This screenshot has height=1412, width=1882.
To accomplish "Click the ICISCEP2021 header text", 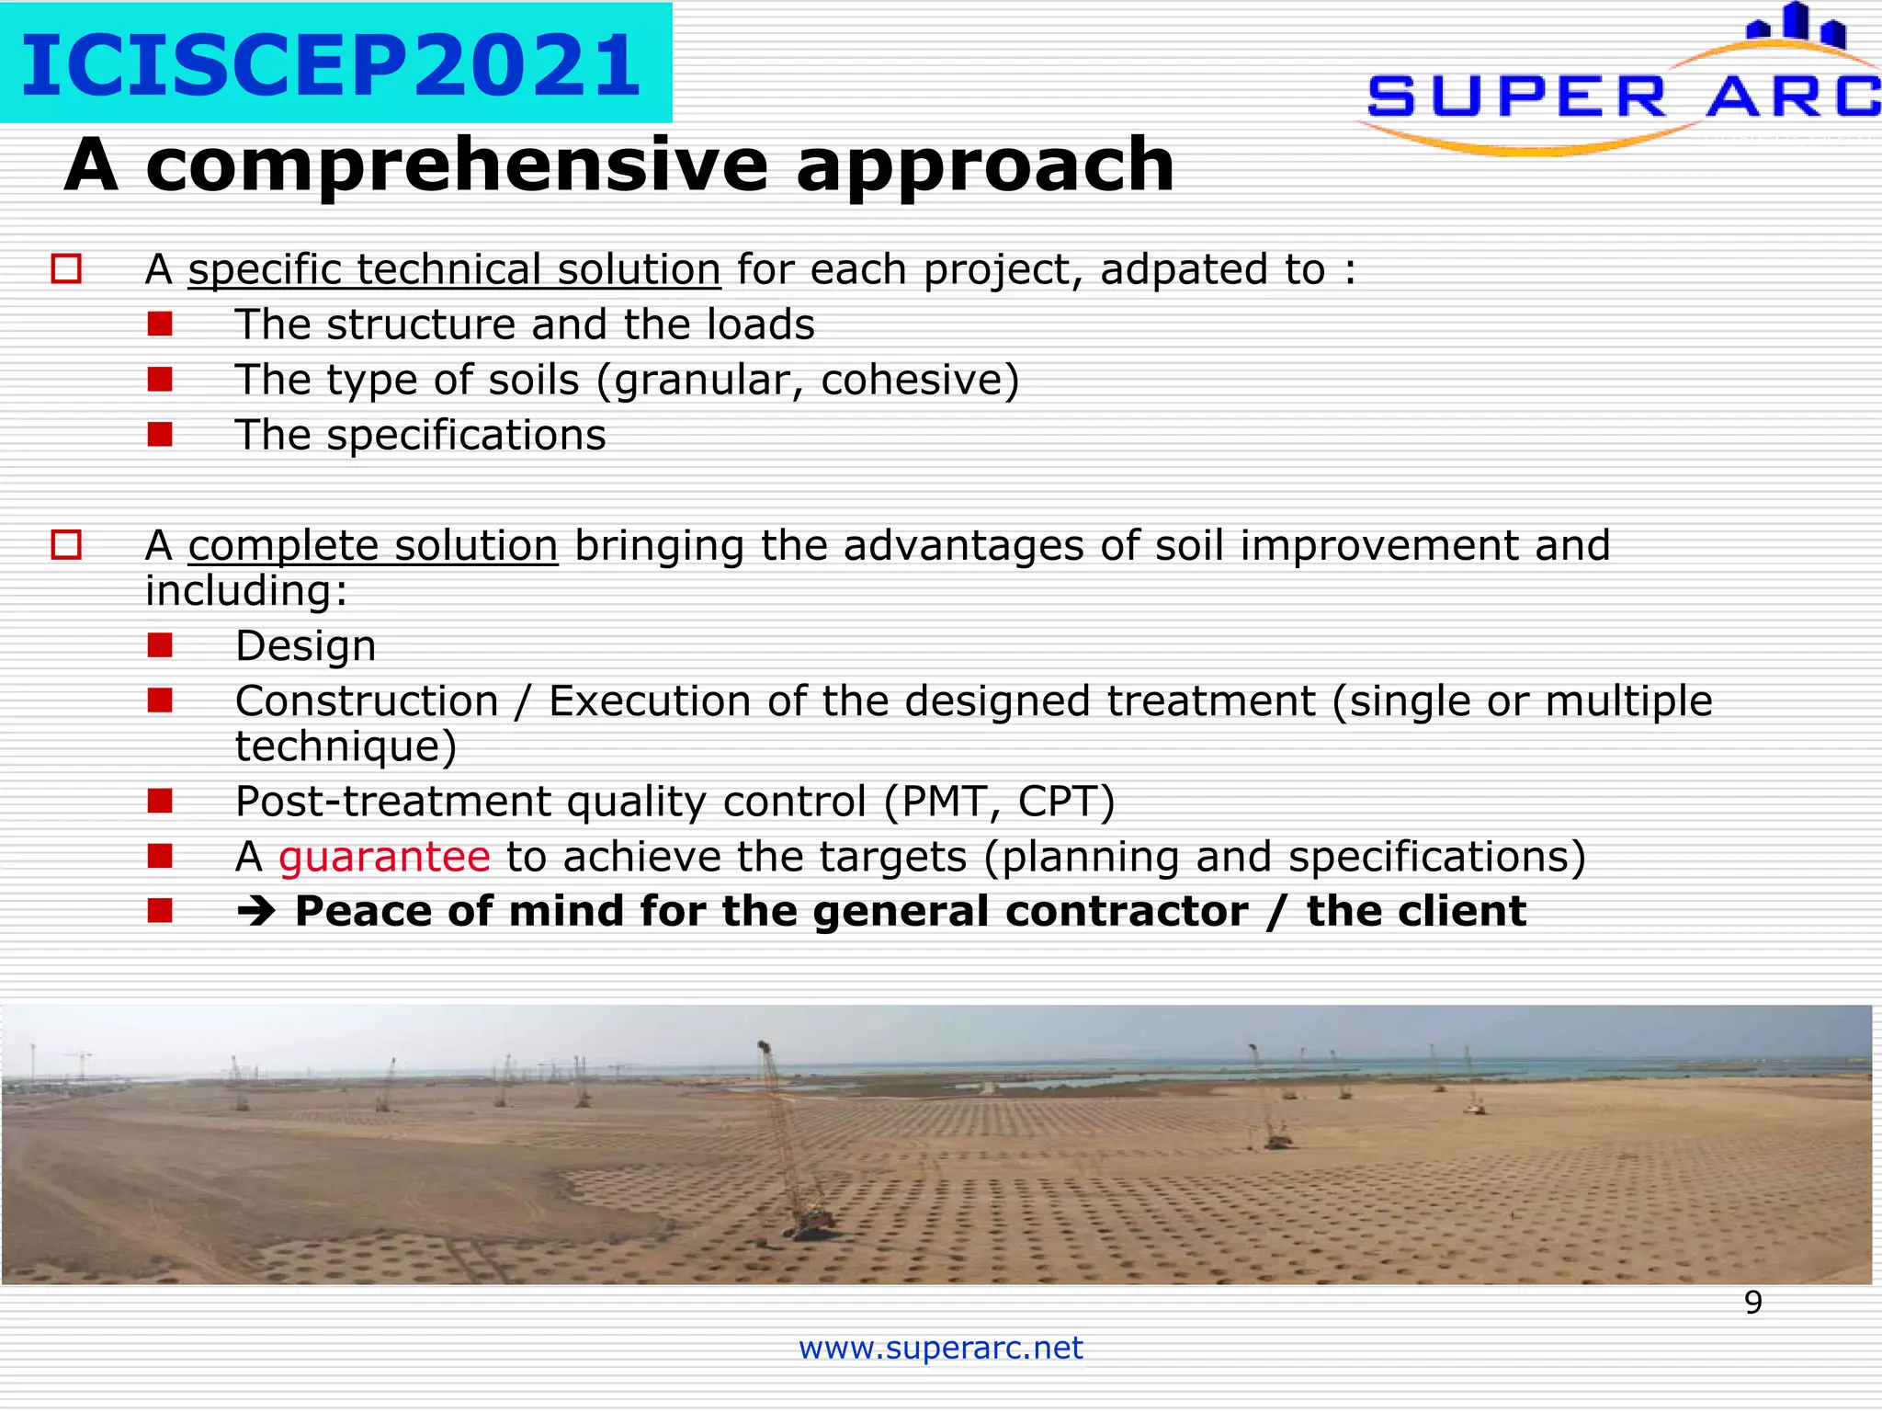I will coord(331,64).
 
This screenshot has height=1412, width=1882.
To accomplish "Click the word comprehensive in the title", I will coord(456,165).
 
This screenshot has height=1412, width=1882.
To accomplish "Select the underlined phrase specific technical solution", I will coord(454,270).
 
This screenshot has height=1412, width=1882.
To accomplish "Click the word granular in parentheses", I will coord(706,381).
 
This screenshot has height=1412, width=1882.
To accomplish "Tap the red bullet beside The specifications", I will coord(160,434).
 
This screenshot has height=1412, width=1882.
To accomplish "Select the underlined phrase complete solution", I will coord(373,546).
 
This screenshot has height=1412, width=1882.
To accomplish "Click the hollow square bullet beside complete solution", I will coord(66,545).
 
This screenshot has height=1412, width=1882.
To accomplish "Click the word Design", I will coord(305,646).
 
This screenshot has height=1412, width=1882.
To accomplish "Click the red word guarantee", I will coord(384,857).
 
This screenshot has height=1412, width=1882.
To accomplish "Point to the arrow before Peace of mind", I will coord(255,912).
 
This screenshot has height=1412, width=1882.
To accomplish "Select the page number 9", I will coord(1752,1303).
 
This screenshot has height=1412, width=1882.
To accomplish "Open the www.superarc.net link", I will coord(940,1348).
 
